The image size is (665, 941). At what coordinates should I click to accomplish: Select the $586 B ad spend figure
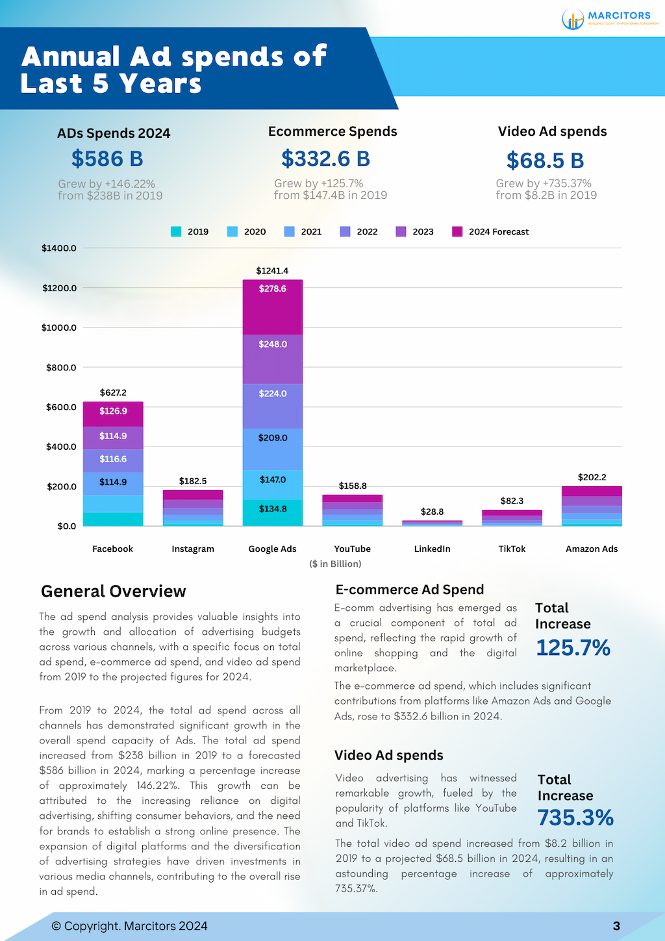click(107, 159)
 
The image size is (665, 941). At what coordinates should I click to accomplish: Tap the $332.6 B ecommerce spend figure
click(325, 159)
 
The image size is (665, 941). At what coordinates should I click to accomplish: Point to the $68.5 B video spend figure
click(545, 160)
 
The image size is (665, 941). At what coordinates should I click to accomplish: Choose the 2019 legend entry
click(190, 231)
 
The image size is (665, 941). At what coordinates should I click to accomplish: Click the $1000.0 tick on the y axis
click(59, 328)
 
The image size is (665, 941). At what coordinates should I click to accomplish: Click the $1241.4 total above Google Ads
click(272, 270)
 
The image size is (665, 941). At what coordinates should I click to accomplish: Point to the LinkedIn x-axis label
click(432, 548)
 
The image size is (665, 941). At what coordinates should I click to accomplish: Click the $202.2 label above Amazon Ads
click(592, 477)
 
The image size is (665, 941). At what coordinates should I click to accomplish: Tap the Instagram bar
click(193, 508)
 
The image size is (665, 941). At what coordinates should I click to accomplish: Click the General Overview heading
click(114, 591)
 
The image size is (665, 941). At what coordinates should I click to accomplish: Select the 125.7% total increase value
click(573, 648)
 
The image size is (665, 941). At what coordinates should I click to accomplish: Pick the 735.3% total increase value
click(575, 818)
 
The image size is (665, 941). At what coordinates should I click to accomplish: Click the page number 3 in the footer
click(616, 926)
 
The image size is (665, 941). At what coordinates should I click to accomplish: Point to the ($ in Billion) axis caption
click(335, 563)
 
